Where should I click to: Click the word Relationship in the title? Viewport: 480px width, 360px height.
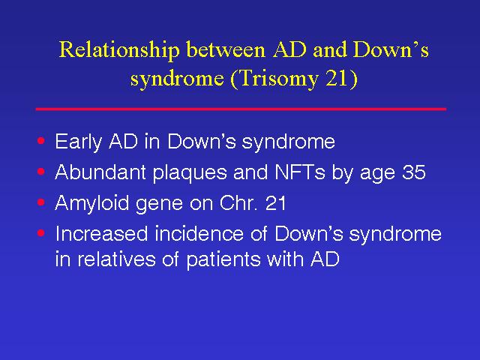(x=119, y=50)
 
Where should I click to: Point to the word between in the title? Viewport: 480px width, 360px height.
(x=226, y=49)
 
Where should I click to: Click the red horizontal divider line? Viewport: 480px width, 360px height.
(x=241, y=109)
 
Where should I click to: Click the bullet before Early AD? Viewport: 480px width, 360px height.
(x=41, y=141)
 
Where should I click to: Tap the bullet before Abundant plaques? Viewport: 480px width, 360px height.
(x=41, y=172)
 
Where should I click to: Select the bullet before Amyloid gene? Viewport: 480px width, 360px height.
(x=41, y=202)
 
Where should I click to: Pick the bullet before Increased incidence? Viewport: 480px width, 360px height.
(x=41, y=233)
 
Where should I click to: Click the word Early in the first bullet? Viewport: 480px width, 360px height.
(x=78, y=142)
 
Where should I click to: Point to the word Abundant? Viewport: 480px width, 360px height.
(x=100, y=172)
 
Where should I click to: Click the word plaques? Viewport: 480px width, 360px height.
(x=190, y=173)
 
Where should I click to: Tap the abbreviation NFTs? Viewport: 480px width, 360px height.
(x=300, y=172)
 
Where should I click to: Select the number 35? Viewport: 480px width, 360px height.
(x=414, y=172)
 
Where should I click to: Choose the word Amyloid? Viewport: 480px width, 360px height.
(x=91, y=203)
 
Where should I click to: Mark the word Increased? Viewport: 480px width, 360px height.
(x=101, y=233)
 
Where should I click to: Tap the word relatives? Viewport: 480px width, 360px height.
(x=117, y=259)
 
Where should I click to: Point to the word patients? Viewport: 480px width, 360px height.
(x=223, y=260)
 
